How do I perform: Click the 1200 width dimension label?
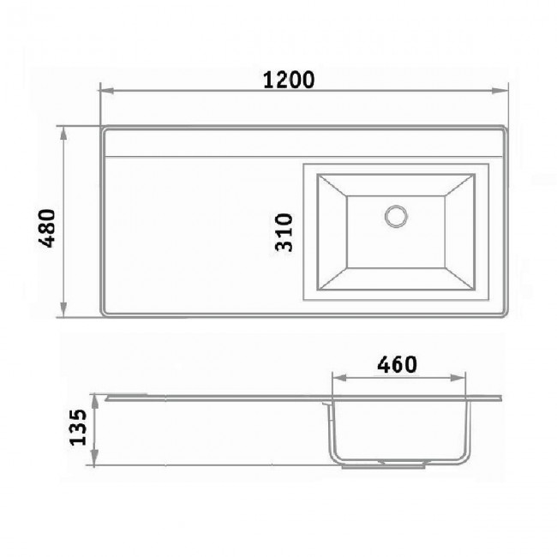click(x=289, y=80)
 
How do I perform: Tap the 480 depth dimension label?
click(x=47, y=228)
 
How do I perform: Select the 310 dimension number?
click(x=284, y=232)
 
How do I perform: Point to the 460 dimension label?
click(x=397, y=364)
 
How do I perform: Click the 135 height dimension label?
click(x=78, y=428)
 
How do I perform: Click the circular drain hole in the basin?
click(x=396, y=216)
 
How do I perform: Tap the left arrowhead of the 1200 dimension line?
click(x=107, y=91)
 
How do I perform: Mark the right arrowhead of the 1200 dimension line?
click(x=500, y=91)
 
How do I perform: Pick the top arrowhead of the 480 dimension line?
click(x=63, y=135)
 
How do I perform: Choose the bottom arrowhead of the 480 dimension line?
click(x=63, y=309)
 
